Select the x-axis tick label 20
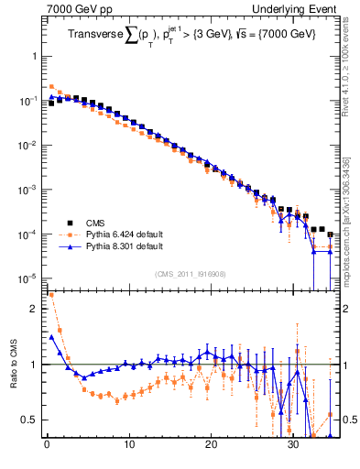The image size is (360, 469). [211, 446]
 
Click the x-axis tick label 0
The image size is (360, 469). [47, 446]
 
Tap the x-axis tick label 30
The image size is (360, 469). [293, 446]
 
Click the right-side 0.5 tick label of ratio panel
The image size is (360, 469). [347, 420]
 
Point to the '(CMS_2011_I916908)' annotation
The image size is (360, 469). [191, 273]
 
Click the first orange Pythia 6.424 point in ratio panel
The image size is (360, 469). [51, 296]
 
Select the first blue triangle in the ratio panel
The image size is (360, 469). [51, 336]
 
